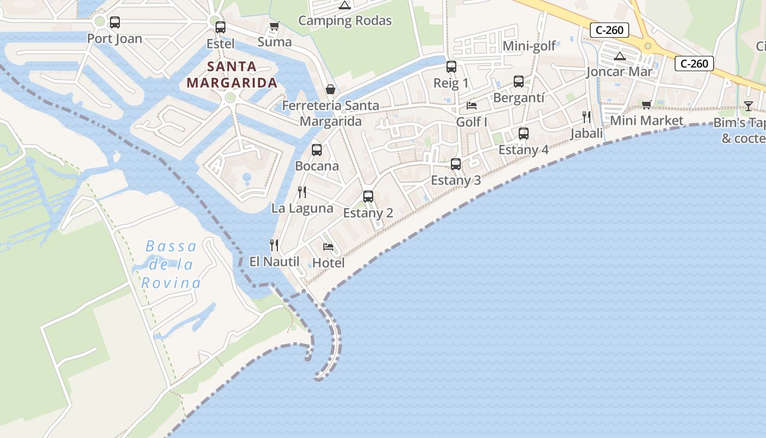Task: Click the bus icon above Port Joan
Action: pyautogui.click(x=114, y=22)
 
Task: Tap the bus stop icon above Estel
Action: pyautogui.click(x=220, y=27)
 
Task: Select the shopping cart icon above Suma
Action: pyautogui.click(x=274, y=26)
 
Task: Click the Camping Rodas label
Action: pyautogui.click(x=345, y=21)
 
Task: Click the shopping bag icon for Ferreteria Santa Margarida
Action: pyautogui.click(x=330, y=89)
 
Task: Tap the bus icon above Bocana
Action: pyautogui.click(x=317, y=149)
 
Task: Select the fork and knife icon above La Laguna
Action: pyautogui.click(x=301, y=192)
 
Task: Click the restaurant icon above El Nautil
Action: pyautogui.click(x=274, y=245)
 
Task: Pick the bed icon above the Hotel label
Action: pyautogui.click(x=328, y=246)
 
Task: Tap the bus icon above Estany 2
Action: pyautogui.click(x=368, y=196)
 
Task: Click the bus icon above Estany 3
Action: pyautogui.click(x=455, y=164)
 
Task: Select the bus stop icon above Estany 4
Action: pyautogui.click(x=524, y=134)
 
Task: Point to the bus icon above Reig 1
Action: pyautogui.click(x=451, y=67)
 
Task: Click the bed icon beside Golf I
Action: pyautogui.click(x=472, y=105)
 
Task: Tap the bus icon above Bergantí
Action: pyautogui.click(x=519, y=82)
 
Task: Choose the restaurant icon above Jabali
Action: pyautogui.click(x=587, y=117)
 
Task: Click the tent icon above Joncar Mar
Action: pyautogui.click(x=619, y=55)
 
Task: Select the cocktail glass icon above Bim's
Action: pyautogui.click(x=748, y=106)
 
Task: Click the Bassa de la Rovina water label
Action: pyautogui.click(x=171, y=264)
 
